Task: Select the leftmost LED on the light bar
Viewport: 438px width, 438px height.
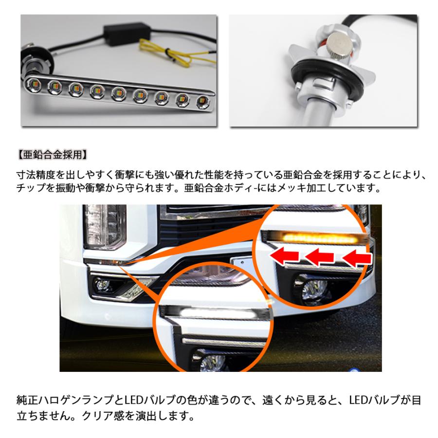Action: point(35,84)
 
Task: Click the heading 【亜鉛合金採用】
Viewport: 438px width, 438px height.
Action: point(51,156)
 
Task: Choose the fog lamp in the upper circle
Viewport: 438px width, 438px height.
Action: point(308,289)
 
